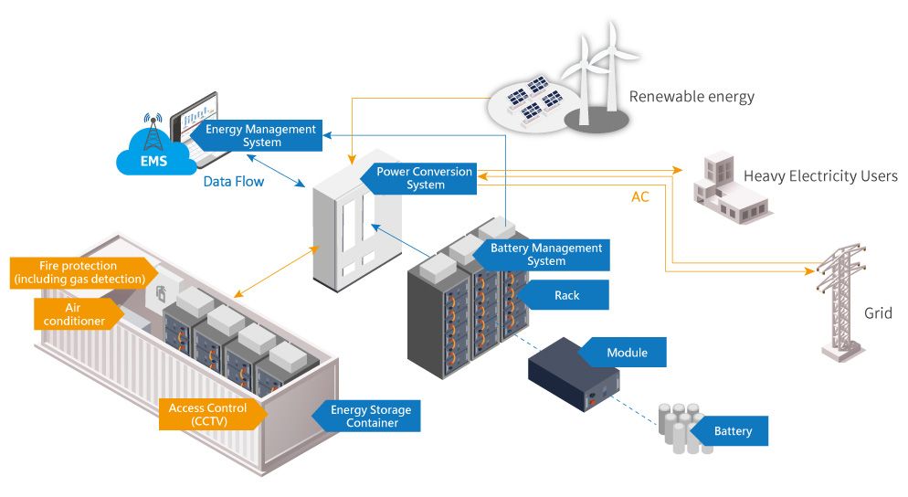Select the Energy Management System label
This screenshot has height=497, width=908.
pos(260,136)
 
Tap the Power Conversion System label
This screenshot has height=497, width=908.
pos(425,178)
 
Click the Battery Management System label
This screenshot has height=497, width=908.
pos(545,254)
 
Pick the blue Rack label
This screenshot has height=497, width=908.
pos(566,295)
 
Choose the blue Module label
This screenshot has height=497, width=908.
pos(626,353)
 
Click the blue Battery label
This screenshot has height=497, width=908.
pos(732,430)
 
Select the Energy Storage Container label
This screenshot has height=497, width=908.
pos(369,417)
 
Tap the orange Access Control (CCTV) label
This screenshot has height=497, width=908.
pos(209,414)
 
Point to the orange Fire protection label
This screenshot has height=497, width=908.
pos(79,271)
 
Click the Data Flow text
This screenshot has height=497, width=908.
pos(233,182)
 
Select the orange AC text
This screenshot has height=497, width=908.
pos(641,196)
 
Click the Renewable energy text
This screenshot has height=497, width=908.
pos(692,97)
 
